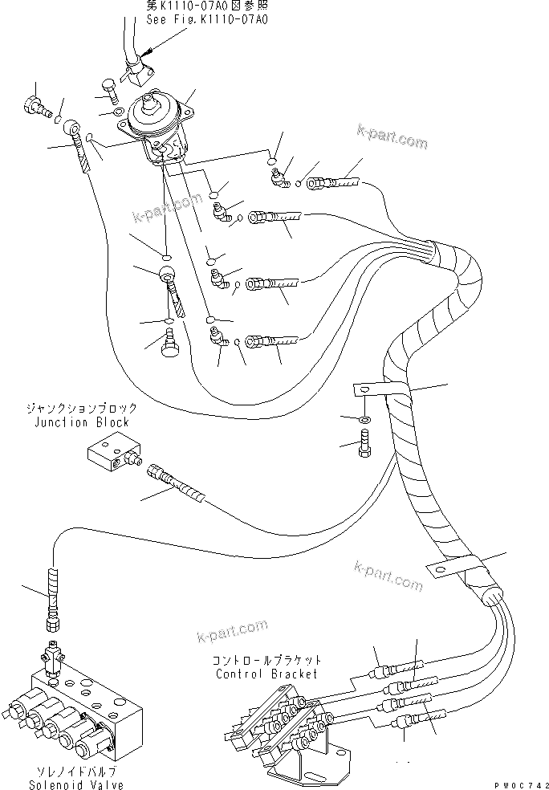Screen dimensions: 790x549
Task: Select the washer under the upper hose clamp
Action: coord(365,418)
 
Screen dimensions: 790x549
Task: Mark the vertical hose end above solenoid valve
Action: coord(54,592)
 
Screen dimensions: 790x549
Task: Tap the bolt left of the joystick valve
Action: coord(110,89)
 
